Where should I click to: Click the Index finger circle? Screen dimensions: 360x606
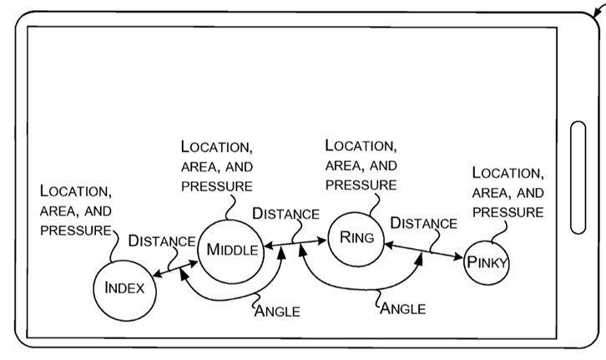[124, 288]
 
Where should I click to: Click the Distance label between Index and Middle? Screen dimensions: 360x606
[161, 241]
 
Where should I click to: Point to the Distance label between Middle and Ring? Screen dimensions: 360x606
[285, 214]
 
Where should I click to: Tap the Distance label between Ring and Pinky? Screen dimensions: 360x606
[423, 223]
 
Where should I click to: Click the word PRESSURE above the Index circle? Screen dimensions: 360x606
[75, 229]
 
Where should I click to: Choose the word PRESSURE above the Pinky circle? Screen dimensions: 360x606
[508, 212]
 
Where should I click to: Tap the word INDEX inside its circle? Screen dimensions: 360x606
[124, 289]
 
